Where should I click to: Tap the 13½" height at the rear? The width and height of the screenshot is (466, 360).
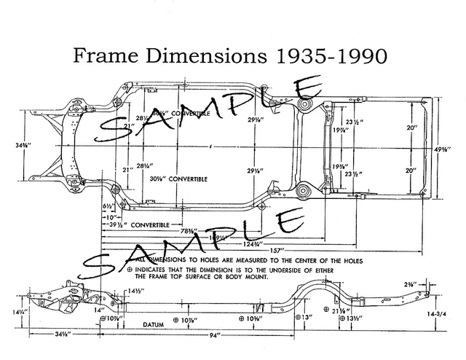[x=355, y=318]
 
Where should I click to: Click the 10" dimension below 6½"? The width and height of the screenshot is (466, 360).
[x=110, y=216]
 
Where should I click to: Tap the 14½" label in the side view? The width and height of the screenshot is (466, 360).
[x=133, y=290]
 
